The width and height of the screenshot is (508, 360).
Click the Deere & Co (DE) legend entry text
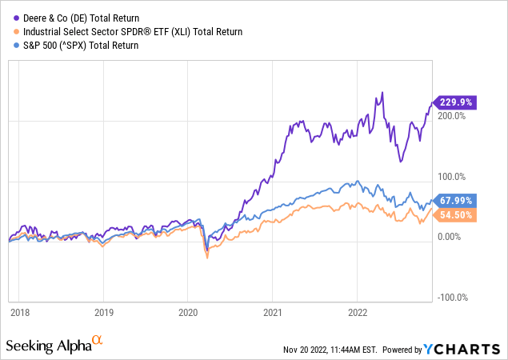[80, 17]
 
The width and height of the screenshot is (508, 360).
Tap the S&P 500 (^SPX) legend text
[82, 46]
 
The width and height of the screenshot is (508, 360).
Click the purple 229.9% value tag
[455, 102]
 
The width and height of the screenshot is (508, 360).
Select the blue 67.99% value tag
[456, 200]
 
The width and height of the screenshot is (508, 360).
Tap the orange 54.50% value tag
[456, 214]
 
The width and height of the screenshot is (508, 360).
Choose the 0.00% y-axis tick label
[454, 237]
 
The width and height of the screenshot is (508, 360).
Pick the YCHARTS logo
[472, 349]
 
